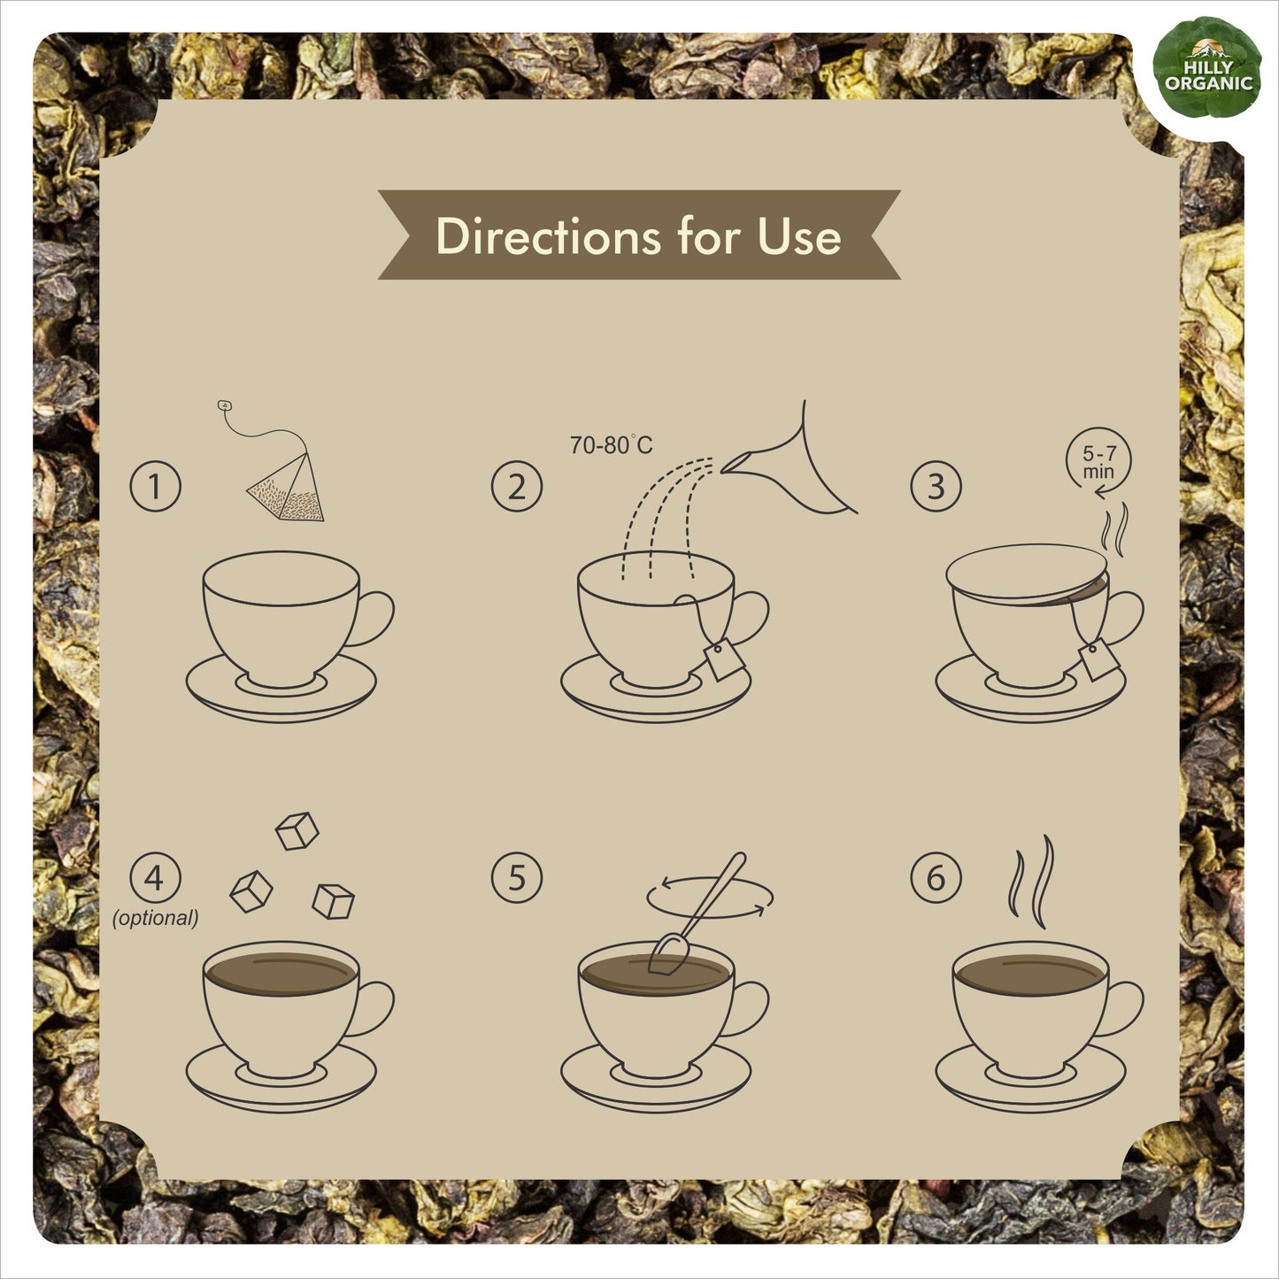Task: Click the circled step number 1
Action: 155,486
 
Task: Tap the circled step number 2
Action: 516,486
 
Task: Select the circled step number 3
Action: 936,486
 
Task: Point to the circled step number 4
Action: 155,877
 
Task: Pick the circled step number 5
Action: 516,877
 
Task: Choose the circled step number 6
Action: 936,877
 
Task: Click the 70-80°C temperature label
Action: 611,445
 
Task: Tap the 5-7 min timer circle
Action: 1098,460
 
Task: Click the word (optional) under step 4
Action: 155,918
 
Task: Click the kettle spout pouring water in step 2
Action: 790,458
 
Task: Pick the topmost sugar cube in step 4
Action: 297,830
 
